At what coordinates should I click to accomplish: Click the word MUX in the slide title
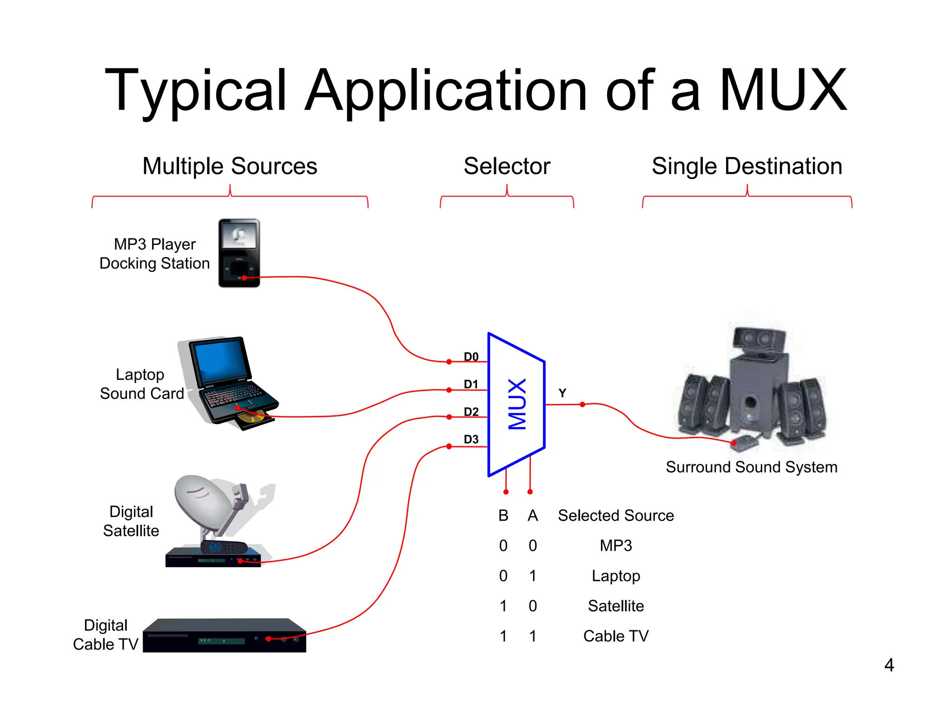[x=783, y=90]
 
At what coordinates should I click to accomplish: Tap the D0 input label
[x=471, y=357]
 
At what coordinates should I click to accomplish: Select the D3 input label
[x=471, y=439]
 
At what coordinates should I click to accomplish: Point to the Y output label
[x=562, y=393]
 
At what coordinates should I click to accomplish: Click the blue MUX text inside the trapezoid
[x=517, y=404]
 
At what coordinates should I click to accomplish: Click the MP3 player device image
[x=239, y=253]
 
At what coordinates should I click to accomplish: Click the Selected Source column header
[x=615, y=516]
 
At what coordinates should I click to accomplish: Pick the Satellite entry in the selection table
[x=615, y=606]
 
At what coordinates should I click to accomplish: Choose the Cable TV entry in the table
[x=615, y=636]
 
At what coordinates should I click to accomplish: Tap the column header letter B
[x=503, y=516]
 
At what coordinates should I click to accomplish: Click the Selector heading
[x=507, y=166]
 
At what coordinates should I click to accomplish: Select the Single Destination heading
[x=747, y=166]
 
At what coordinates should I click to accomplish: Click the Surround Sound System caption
[x=751, y=467]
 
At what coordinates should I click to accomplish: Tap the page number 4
[x=889, y=665]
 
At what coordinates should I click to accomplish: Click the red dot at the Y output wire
[x=582, y=404]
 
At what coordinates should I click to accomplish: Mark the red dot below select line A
[x=530, y=492]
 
